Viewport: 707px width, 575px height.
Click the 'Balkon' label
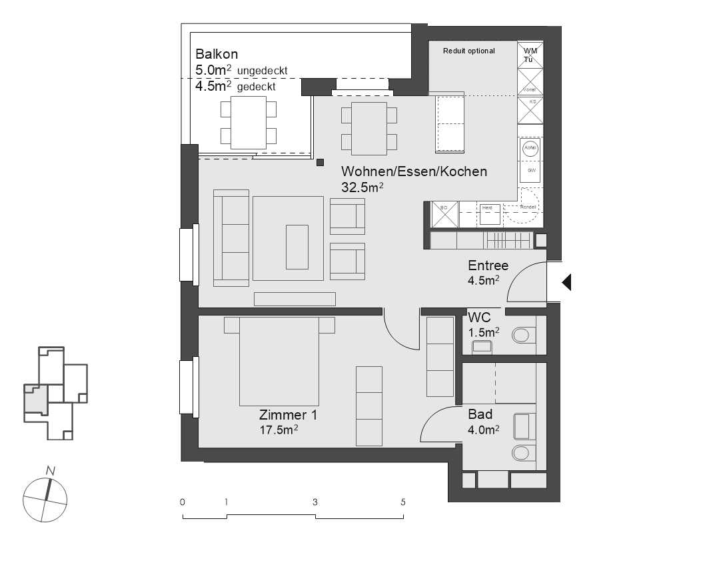tap(217, 55)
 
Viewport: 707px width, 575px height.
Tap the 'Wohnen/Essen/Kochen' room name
tap(414, 171)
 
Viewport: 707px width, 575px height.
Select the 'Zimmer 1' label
tap(288, 416)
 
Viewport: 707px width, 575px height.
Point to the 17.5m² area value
tap(279, 430)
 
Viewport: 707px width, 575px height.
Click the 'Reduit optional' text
tap(469, 51)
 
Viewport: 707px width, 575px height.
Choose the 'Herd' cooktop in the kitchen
tap(488, 214)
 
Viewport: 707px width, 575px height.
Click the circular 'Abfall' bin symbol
tap(530, 148)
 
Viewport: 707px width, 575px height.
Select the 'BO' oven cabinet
tap(444, 214)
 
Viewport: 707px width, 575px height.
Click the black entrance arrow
tap(567, 283)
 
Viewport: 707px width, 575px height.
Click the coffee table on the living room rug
tap(297, 247)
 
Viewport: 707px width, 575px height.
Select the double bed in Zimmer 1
tap(280, 360)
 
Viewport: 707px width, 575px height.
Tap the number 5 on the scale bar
tap(403, 502)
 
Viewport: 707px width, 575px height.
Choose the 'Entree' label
tap(488, 265)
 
